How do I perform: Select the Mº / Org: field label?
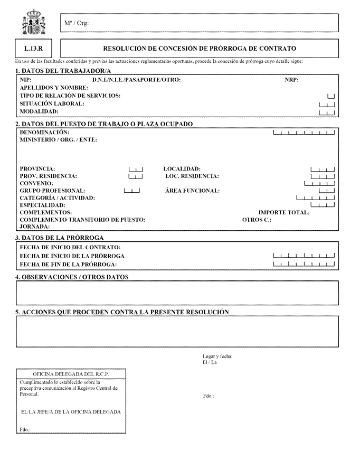76,23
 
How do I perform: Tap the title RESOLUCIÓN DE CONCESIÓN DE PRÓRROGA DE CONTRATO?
200,48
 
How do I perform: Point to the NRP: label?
291,80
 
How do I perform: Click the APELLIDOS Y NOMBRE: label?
54,88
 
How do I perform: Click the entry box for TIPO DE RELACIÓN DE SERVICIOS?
331,96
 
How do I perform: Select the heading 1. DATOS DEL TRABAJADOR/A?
63,71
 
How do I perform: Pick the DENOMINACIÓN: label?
44,132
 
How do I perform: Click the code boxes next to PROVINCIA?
136,169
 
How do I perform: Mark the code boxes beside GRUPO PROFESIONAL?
131,191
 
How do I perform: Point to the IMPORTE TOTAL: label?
284,213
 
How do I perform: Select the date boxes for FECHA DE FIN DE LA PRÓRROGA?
304,264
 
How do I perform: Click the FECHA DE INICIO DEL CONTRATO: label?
70,247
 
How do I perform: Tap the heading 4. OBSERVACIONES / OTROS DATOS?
72,277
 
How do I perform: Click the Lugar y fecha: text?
217,356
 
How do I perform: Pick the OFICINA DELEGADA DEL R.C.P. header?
71,374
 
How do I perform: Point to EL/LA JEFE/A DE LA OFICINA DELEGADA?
70,412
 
